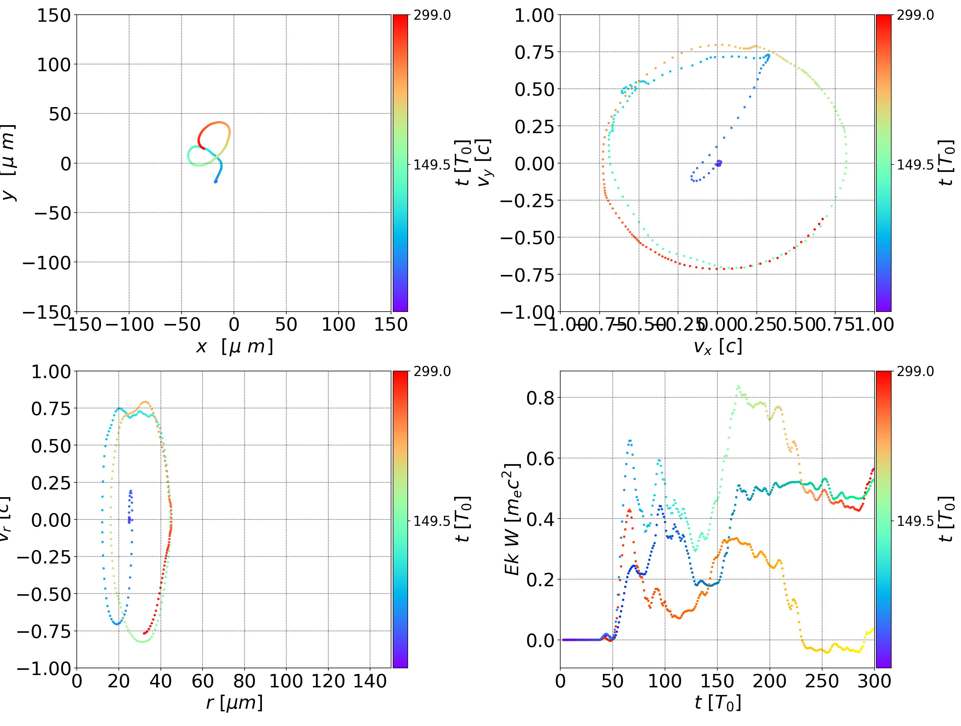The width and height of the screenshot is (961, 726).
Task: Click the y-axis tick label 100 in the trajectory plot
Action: coord(53,65)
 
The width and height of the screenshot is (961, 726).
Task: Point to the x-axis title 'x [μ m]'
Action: coord(234,346)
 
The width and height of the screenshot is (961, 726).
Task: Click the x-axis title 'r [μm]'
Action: coord(234,703)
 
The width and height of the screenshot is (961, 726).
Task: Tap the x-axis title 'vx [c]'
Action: coord(717,346)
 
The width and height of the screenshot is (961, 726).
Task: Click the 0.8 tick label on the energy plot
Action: coord(540,398)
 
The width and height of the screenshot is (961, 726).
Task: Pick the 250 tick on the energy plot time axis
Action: coord(822,681)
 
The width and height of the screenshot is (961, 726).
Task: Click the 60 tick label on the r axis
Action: coord(203,681)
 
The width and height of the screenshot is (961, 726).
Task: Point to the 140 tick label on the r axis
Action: coord(370,681)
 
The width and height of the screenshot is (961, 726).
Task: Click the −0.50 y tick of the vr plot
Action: coord(43,594)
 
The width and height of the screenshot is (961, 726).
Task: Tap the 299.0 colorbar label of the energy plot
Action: coord(915,371)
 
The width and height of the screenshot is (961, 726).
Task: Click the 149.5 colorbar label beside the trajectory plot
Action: coord(432,165)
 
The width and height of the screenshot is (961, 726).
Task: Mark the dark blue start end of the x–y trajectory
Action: coord(216,181)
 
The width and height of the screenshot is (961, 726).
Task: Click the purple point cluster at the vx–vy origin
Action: coord(719,163)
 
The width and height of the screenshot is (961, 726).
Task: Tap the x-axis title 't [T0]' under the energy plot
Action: coord(717,703)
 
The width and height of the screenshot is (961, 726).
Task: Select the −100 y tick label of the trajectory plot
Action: coord(46,263)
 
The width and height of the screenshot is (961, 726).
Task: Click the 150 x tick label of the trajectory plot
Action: coord(390,325)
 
